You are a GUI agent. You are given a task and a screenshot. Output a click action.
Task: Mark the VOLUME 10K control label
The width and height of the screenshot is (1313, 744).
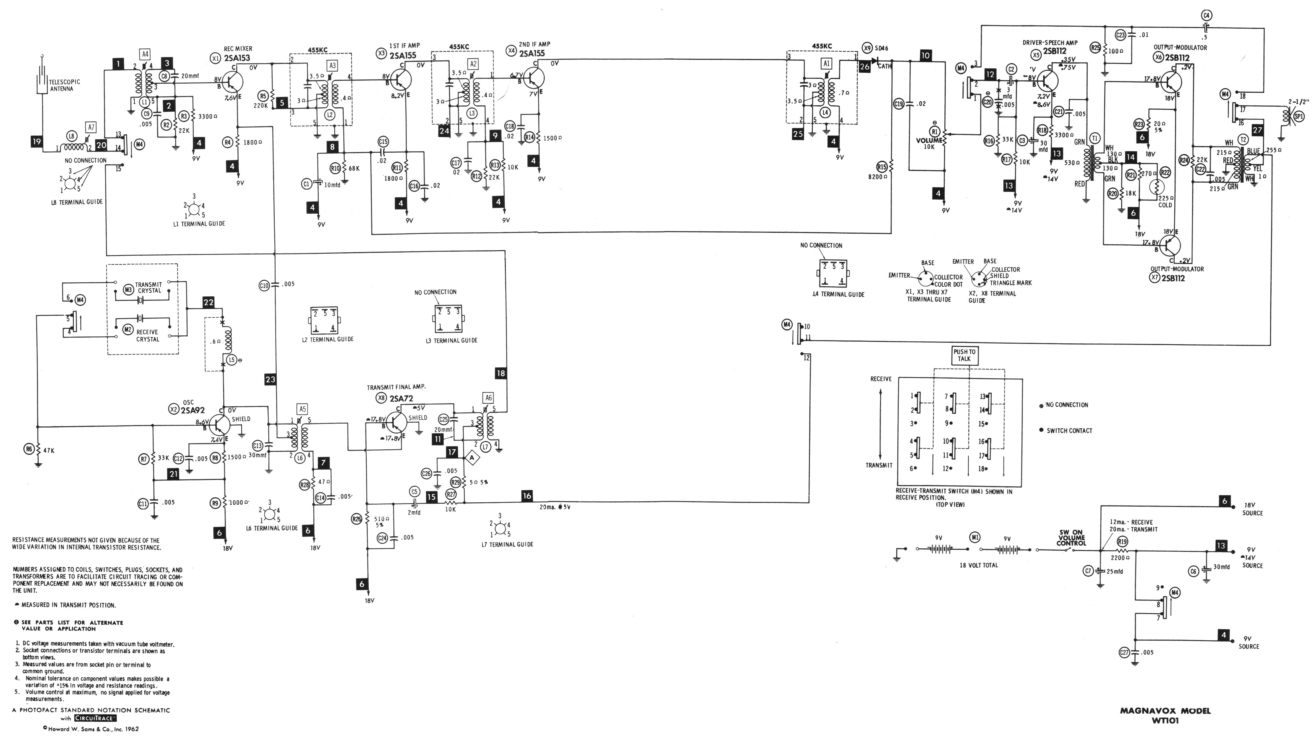pyautogui.click(x=929, y=143)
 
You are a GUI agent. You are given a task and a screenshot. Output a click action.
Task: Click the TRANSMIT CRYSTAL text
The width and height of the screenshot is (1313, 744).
pyautogui.click(x=148, y=288)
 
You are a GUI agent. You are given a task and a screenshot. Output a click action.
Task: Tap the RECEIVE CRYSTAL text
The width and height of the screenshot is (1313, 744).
pyautogui.click(x=148, y=336)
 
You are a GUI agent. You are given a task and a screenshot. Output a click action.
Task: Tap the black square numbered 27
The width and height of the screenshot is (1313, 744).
pyautogui.click(x=1257, y=130)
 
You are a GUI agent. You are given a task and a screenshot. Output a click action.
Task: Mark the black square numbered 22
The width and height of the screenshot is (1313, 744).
pyautogui.click(x=209, y=302)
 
